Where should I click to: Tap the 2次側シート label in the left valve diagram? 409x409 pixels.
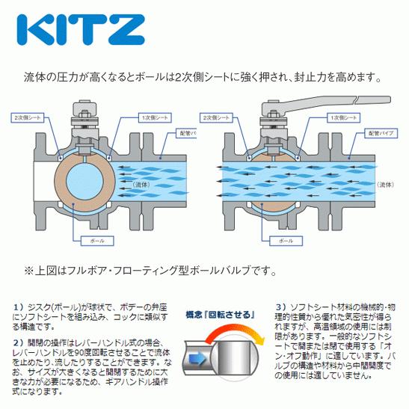(28, 117)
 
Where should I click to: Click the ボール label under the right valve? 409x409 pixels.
(284, 242)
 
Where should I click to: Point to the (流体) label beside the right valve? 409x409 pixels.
(386, 183)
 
